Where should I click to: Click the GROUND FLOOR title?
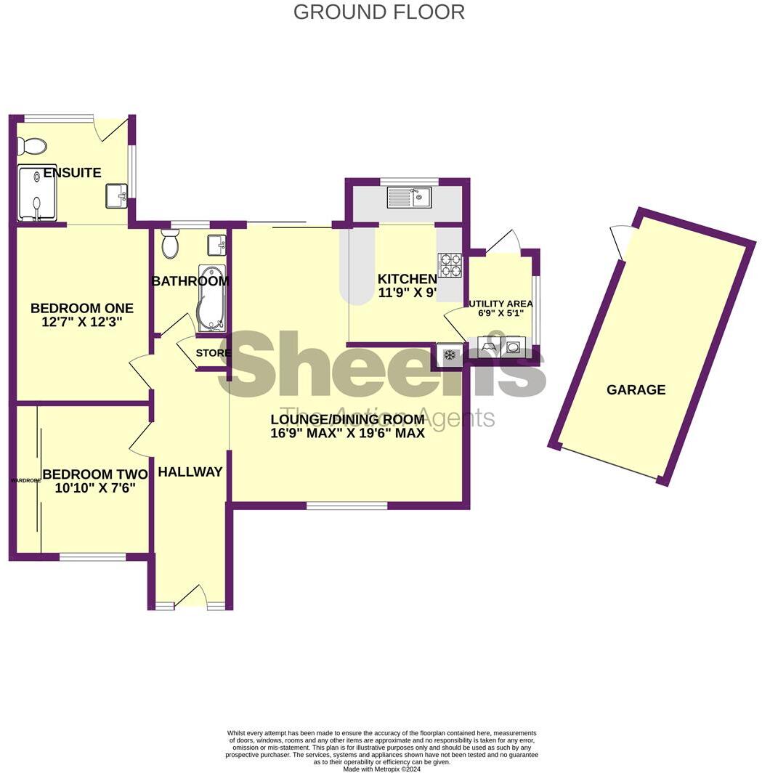[x=378, y=12]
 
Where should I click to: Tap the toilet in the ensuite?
[x=31, y=146]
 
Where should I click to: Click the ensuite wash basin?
[x=116, y=195]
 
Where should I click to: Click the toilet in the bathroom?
[x=171, y=245]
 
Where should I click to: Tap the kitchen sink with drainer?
[x=408, y=196]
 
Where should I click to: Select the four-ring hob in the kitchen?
[x=450, y=264]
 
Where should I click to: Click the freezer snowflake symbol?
[x=449, y=355]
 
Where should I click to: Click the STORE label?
[x=214, y=353]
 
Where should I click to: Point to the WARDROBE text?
[x=24, y=480]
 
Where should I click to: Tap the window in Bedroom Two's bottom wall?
[x=92, y=557]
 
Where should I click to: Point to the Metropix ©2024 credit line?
[x=381, y=769]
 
